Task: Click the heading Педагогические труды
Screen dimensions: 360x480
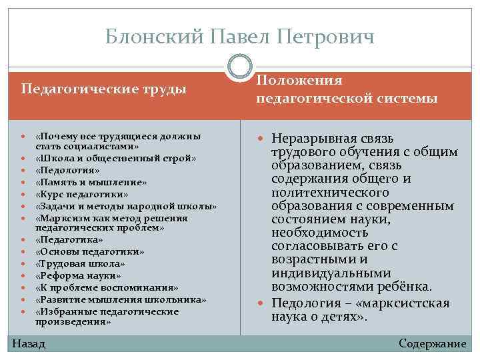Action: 103,89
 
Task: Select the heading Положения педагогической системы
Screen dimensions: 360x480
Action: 347,89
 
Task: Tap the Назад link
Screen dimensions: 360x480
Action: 29,343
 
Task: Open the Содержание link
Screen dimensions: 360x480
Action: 432,343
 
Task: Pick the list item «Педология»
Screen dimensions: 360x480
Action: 67,170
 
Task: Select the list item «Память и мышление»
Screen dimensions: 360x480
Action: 91,181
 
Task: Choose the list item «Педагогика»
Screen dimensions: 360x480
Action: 70,239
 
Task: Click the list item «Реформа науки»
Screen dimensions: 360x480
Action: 79,275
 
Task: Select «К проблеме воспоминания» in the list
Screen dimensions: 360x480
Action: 107,287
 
